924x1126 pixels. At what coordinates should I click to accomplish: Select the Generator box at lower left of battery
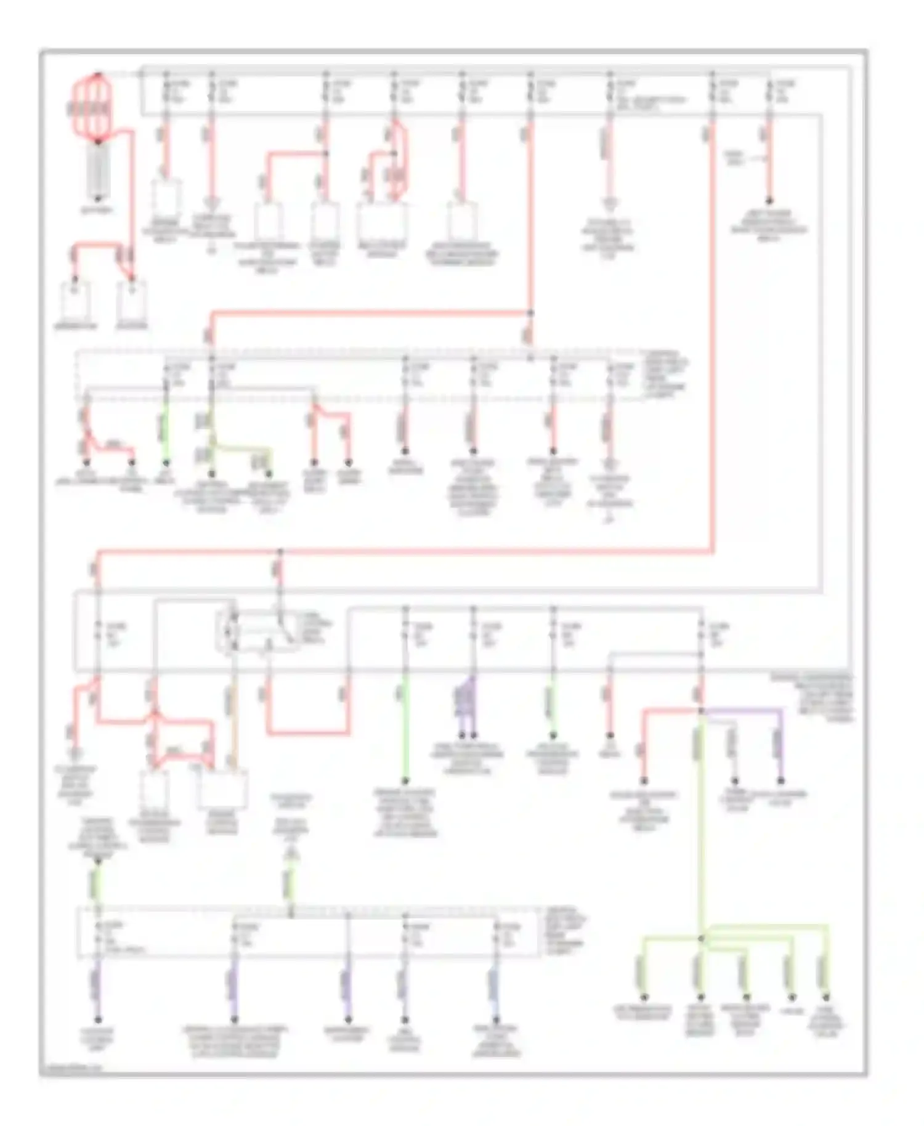[x=76, y=301]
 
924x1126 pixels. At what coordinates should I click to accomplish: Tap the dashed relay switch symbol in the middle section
[x=257, y=630]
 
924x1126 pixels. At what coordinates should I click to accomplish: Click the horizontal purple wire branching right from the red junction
[x=742, y=710]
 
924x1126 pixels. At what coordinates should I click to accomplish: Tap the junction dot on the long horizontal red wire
[x=280, y=552]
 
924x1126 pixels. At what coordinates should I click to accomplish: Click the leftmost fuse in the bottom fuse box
[x=97, y=933]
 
